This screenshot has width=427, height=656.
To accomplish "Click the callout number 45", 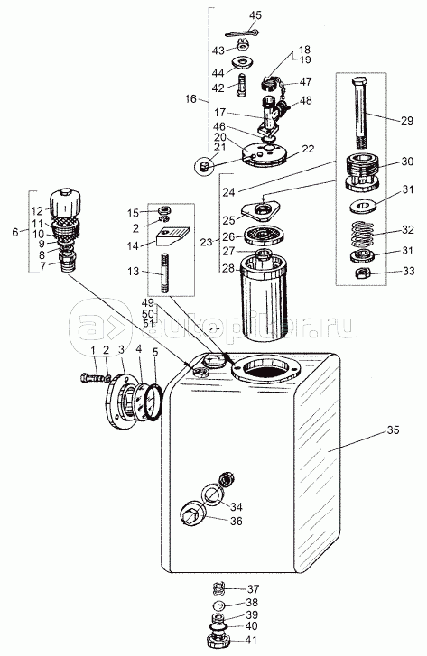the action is pyautogui.click(x=255, y=15).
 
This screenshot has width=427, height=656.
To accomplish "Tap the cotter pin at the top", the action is pyautogui.click(x=243, y=33).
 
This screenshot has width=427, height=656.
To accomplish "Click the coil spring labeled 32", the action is pyautogui.click(x=364, y=235).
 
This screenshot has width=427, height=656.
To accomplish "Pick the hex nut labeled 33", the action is pyautogui.click(x=361, y=274).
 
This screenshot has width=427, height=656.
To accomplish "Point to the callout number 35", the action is pyautogui.click(x=393, y=430).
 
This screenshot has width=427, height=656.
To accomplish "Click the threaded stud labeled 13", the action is pyautogui.click(x=164, y=273).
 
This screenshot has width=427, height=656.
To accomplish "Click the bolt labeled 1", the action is pyautogui.click(x=93, y=379).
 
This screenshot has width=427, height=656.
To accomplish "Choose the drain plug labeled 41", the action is pyautogui.click(x=217, y=641).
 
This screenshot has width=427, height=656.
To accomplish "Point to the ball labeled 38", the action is pyautogui.click(x=219, y=605).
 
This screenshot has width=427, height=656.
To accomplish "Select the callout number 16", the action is pyautogui.click(x=190, y=98).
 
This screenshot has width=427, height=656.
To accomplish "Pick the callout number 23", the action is pyautogui.click(x=207, y=242).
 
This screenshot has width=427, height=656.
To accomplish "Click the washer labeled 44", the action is pyautogui.click(x=243, y=61).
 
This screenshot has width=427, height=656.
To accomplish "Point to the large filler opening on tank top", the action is pyautogui.click(x=265, y=368).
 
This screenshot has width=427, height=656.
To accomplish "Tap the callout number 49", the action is pyautogui.click(x=148, y=302).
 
